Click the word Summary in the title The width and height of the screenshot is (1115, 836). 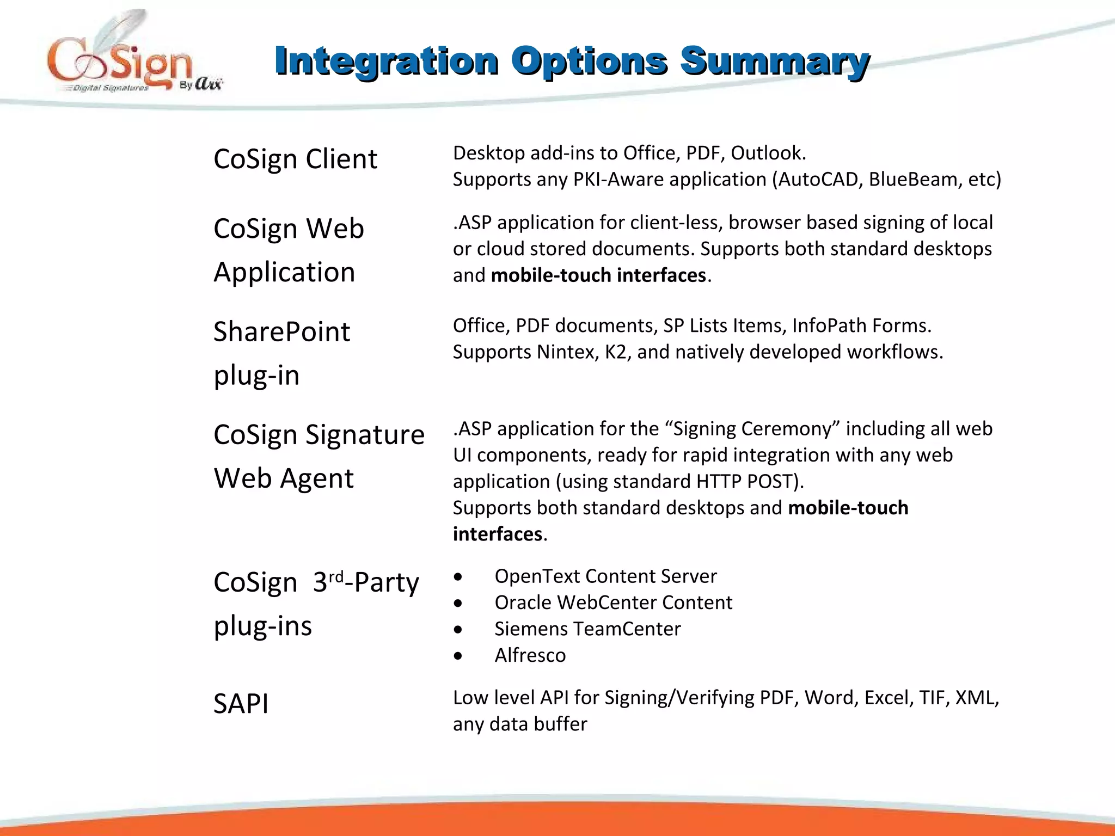[x=774, y=61]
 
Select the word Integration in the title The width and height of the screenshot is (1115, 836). [x=386, y=61]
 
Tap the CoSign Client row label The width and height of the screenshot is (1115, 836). [x=295, y=159]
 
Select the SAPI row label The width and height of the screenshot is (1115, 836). [x=241, y=704]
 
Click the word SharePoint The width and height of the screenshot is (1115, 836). [x=281, y=332]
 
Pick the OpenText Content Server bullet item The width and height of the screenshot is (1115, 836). [x=605, y=576]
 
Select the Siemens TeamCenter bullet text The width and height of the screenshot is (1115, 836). [x=587, y=629]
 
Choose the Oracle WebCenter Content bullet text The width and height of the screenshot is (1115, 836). [x=613, y=603]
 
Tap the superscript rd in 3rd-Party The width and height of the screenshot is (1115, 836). [x=336, y=576]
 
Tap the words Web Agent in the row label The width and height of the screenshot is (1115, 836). [x=283, y=479]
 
